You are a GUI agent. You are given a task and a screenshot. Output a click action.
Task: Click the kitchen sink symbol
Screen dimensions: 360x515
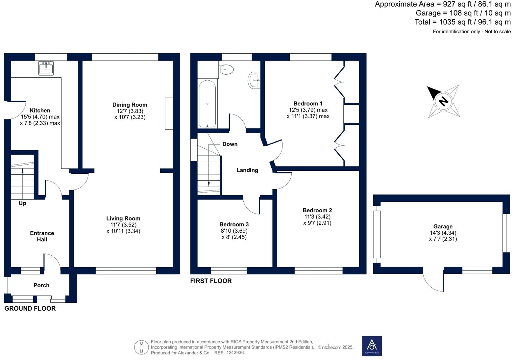[46, 68]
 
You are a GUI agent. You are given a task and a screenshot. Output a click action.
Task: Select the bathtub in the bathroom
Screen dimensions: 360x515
[207, 104]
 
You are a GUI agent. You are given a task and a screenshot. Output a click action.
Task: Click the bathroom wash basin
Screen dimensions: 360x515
[254, 80]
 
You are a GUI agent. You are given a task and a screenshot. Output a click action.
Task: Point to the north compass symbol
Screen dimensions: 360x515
[443, 101]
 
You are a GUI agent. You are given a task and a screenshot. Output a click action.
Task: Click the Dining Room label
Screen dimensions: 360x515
[130, 105]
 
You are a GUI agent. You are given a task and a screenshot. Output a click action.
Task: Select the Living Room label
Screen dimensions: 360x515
[123, 218]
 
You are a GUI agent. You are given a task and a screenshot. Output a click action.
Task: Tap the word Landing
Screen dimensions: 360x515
[247, 170]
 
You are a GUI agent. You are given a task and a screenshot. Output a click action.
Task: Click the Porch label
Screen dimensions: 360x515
[41, 285]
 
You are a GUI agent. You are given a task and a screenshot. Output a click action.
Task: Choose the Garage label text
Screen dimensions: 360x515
[443, 226]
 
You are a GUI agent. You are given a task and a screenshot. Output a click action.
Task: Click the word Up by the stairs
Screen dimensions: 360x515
[22, 203]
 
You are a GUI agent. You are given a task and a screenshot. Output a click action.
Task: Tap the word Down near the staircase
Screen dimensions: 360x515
[230, 144]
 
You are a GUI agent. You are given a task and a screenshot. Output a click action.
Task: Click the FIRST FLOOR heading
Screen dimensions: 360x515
[211, 281]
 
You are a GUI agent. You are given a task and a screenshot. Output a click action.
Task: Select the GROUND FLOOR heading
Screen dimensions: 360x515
[30, 308]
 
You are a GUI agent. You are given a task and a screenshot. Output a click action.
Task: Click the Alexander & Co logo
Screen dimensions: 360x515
[372, 346]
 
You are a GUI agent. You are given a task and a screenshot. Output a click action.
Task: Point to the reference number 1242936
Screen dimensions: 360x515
[235, 353]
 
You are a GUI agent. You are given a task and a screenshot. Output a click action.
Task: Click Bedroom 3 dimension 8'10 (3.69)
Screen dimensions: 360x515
[234, 231]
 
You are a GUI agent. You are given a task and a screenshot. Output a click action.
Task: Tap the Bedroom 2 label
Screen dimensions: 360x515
[317, 210]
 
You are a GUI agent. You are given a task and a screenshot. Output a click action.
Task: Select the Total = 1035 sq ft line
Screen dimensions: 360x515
[462, 22]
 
